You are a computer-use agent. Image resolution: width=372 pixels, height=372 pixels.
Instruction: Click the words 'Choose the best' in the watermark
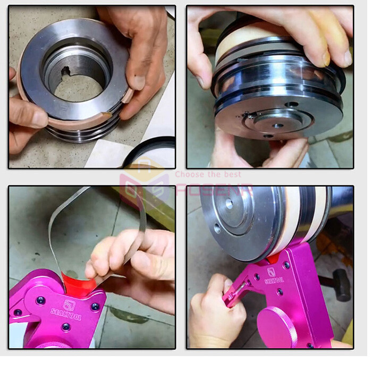[208, 174]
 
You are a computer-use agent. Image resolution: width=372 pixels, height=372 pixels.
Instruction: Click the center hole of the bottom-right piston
[229, 203]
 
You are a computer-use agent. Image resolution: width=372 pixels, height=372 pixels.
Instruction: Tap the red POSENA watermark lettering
[213, 189]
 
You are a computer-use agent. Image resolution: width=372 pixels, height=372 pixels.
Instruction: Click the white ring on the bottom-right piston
[290, 223]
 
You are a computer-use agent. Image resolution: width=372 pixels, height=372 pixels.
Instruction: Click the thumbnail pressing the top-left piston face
[138, 82]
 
